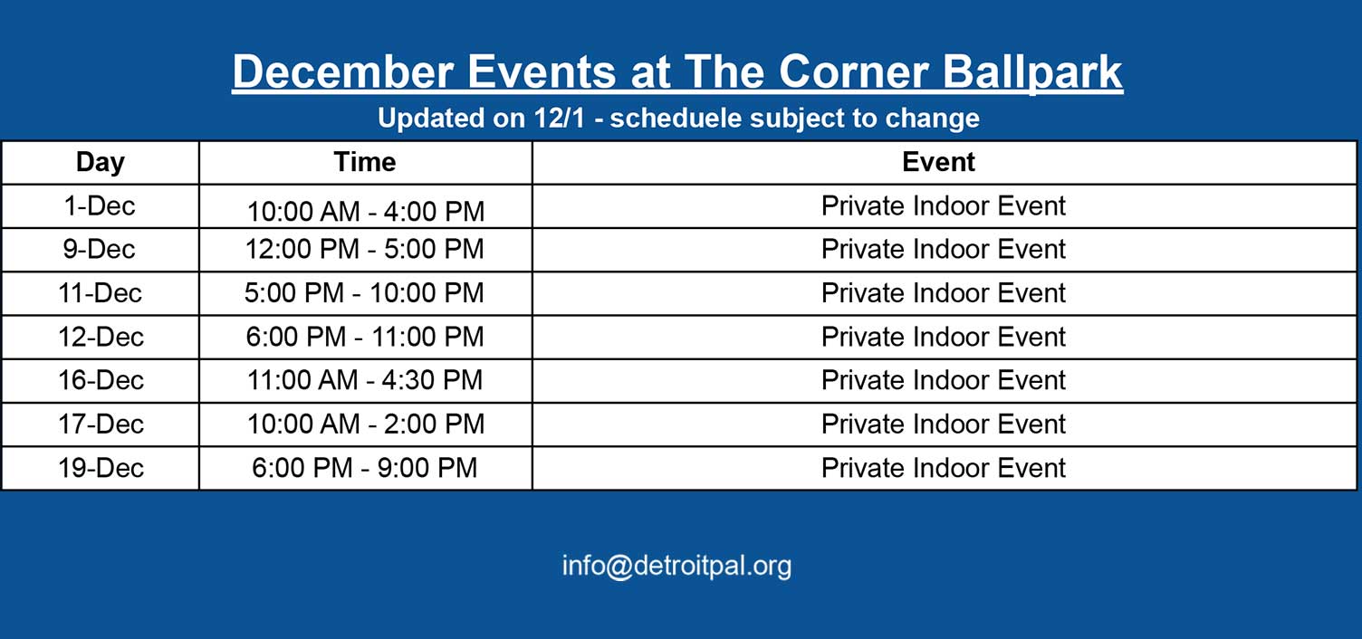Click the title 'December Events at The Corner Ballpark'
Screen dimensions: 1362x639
click(677, 72)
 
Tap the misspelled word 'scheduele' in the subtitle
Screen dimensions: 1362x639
click(676, 118)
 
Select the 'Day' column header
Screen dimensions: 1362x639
click(101, 163)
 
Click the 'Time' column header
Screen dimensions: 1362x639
click(365, 162)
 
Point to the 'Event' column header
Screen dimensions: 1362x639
click(938, 162)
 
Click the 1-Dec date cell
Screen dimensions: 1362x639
click(100, 206)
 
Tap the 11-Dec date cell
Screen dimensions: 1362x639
click(100, 293)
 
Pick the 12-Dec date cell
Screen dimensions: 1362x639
click(101, 337)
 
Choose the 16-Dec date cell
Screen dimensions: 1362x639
click(101, 381)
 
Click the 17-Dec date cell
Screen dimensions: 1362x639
click(101, 424)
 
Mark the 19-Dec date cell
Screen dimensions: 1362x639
click(101, 468)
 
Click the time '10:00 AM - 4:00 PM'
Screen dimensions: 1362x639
click(366, 212)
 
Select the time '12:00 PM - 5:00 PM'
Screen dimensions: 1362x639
click(364, 249)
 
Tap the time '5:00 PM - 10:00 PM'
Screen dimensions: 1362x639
click(364, 293)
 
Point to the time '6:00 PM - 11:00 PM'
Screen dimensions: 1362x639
click(365, 337)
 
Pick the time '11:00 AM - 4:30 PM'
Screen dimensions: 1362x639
click(365, 381)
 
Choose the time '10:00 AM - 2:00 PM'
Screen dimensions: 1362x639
click(366, 424)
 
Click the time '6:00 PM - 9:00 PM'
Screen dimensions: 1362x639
click(365, 468)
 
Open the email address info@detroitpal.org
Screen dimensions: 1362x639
click(676, 566)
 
